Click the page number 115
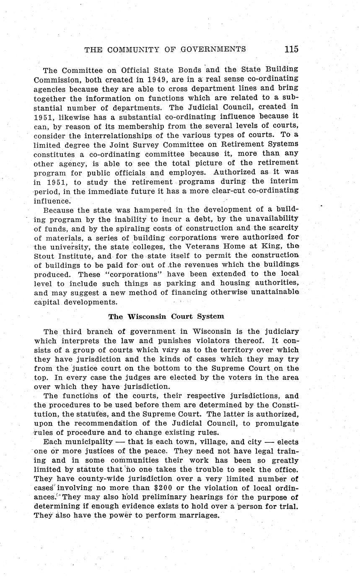[x=291, y=49]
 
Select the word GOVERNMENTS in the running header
[x=213, y=49]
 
